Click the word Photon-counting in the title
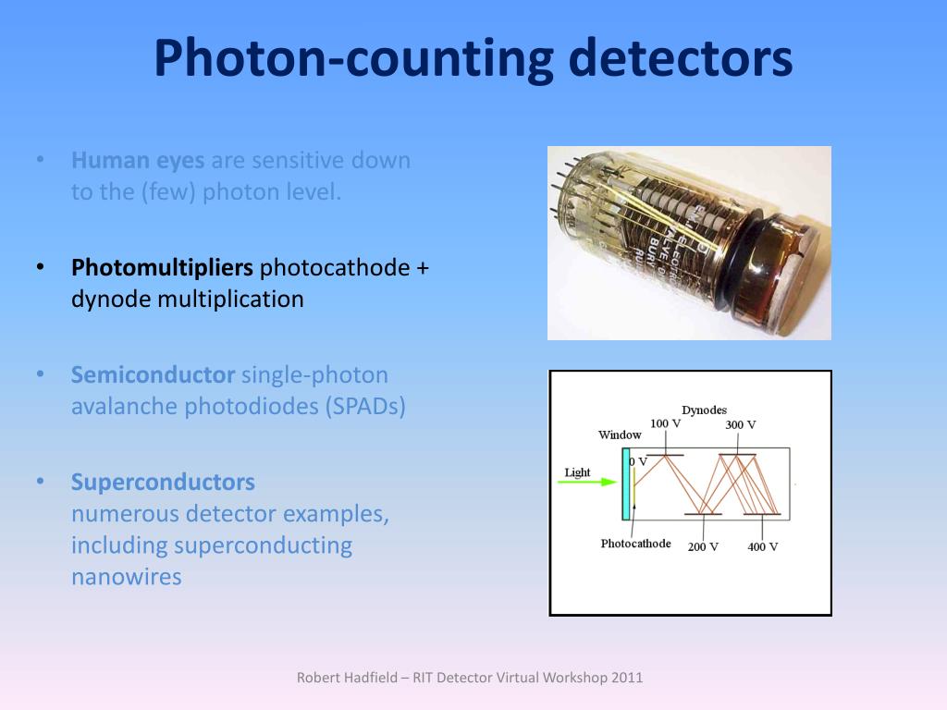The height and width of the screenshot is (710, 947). click(342, 57)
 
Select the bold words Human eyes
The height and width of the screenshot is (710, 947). click(138, 161)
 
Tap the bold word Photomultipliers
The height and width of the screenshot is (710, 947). click(162, 268)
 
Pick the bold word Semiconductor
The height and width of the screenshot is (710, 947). click(154, 375)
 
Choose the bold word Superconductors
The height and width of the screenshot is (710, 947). click(163, 483)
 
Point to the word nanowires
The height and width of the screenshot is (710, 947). click(127, 577)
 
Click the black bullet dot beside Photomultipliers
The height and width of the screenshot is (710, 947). click(41, 268)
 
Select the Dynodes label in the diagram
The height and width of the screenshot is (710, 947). click(704, 410)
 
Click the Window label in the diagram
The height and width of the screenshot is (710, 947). click(620, 435)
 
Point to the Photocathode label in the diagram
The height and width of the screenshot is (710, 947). click(635, 544)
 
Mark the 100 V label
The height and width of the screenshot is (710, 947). click(665, 423)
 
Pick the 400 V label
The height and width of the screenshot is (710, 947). click(763, 546)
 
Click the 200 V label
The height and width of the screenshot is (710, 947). click(703, 546)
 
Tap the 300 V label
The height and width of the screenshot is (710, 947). click(740, 425)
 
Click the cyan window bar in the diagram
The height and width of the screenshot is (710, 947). click(626, 487)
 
